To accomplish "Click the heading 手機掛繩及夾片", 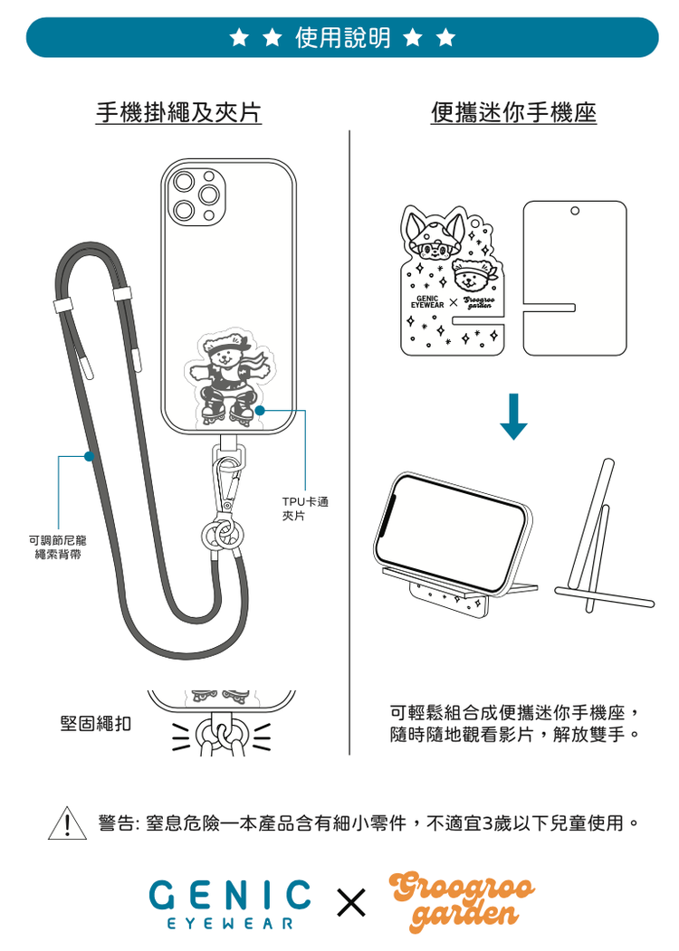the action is [x=178, y=112].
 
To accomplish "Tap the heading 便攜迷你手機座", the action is [x=514, y=112].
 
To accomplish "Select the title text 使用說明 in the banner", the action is [x=343, y=38].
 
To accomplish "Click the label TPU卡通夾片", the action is [x=304, y=509].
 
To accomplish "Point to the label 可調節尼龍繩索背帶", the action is [x=58, y=547].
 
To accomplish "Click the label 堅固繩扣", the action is [x=95, y=723].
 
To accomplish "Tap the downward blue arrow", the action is [x=513, y=416].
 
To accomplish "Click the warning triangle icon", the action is [x=67, y=824].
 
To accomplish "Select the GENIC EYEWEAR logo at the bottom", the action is [x=229, y=904].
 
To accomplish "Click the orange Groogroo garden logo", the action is [x=463, y=902].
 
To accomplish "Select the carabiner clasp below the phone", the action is [x=228, y=483].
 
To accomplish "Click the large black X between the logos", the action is [x=351, y=902].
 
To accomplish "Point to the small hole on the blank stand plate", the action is [x=574, y=211].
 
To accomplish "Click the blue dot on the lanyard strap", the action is [x=89, y=456].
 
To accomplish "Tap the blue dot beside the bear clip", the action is [x=260, y=411].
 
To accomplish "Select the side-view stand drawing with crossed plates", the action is [x=604, y=537].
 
